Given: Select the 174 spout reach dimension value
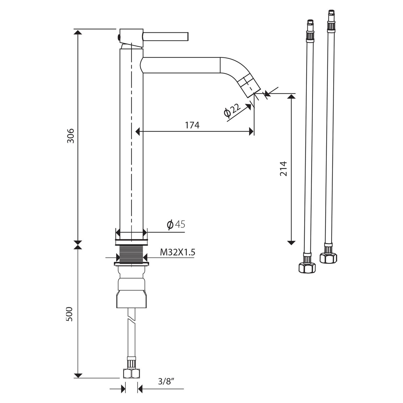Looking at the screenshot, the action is click(x=192, y=125).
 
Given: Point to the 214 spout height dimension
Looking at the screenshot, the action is click(x=283, y=169).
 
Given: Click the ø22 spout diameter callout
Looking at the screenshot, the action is click(x=232, y=110).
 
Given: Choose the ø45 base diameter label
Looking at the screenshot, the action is click(x=176, y=224).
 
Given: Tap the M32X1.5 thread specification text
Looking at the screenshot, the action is click(x=178, y=252).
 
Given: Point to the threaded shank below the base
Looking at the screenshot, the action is click(x=131, y=253).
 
